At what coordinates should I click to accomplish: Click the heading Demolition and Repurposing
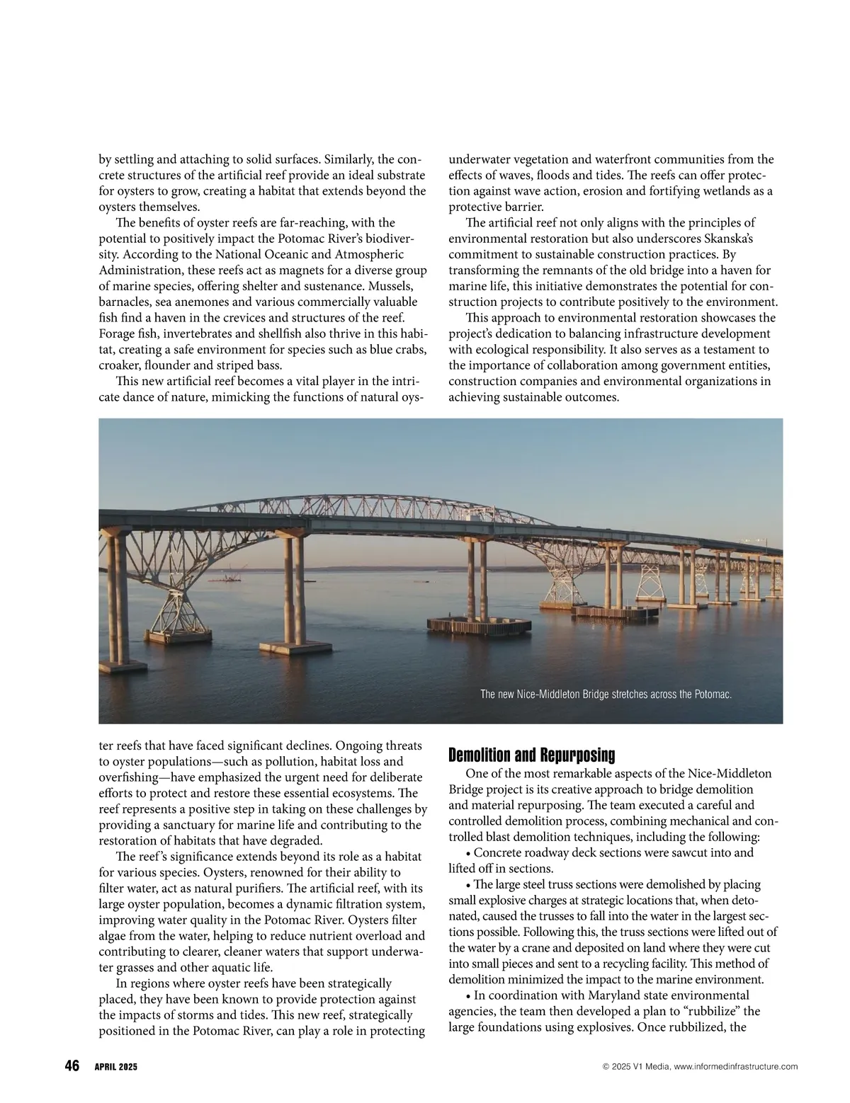click(x=532, y=755)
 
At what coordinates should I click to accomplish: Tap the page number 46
click(x=72, y=1065)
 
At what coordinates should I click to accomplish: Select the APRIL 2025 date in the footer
click(x=116, y=1067)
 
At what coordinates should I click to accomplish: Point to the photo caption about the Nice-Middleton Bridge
click(x=606, y=695)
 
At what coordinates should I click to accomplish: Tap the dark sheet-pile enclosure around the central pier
click(x=480, y=624)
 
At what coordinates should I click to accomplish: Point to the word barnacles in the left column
click(x=124, y=302)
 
